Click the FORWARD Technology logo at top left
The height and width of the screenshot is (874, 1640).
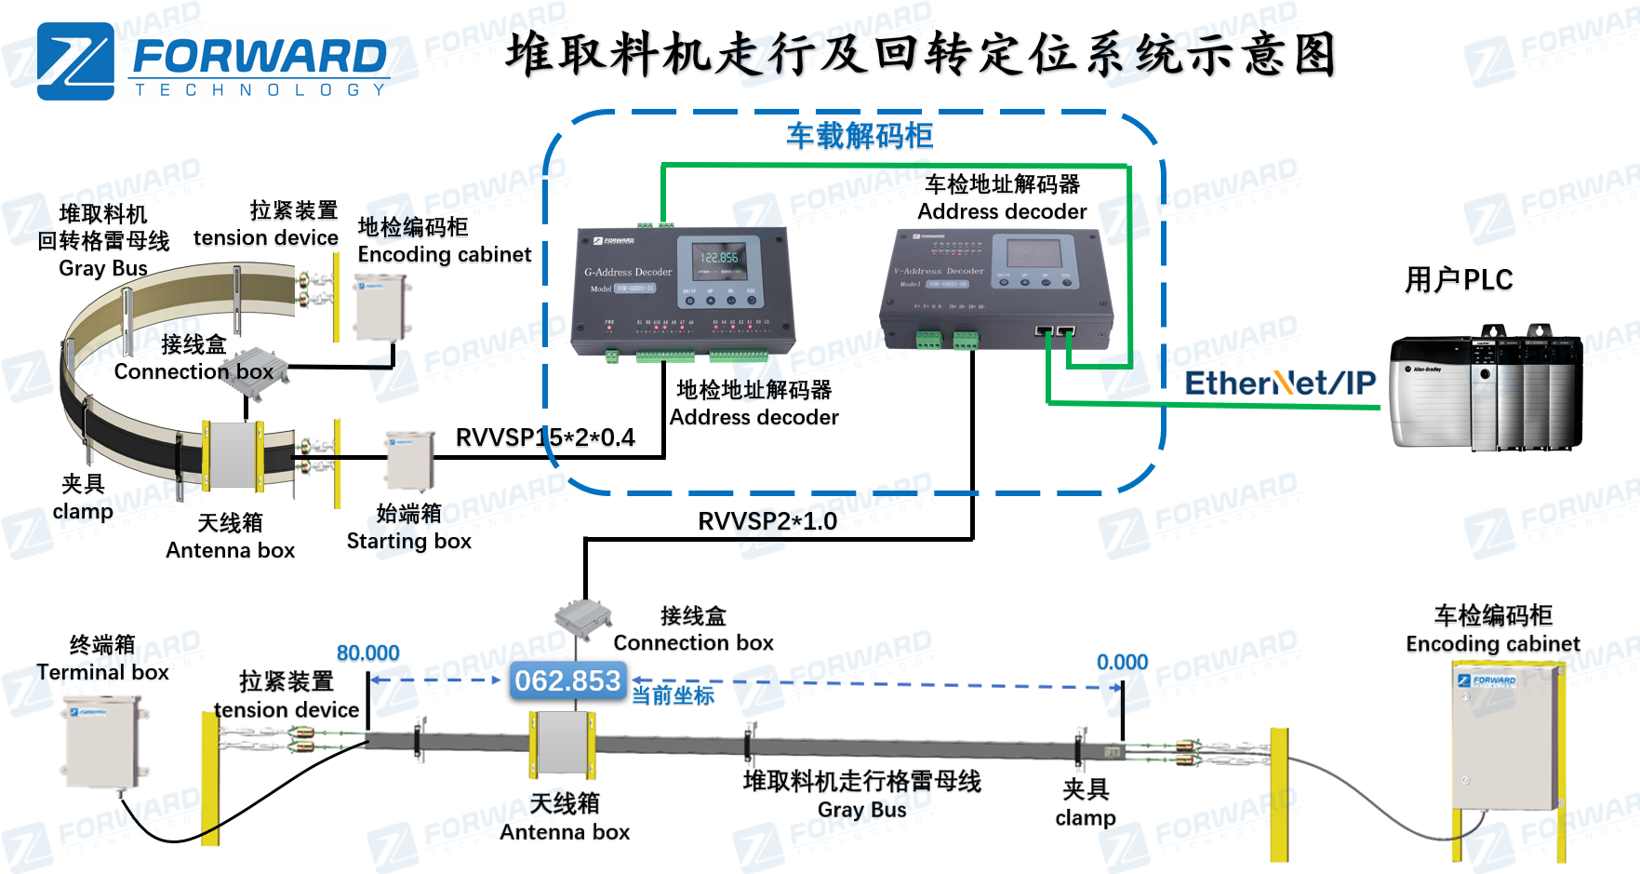coord(213,61)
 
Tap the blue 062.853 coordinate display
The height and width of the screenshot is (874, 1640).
coord(567,681)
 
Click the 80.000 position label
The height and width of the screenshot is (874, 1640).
coord(367,653)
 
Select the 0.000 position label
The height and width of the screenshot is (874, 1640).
coord(1122,663)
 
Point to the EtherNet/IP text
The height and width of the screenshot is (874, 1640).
coord(1279,383)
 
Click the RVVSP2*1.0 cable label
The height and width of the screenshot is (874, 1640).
coord(767,521)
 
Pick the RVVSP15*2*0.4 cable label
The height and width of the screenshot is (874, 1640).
coord(545,437)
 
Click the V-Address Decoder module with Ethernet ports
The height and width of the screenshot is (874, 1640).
coord(995,289)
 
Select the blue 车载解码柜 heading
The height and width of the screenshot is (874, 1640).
coord(860,136)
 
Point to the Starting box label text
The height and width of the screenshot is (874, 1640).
coord(408,541)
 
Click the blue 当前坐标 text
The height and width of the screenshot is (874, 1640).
coord(673,695)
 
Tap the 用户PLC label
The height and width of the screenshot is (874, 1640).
coord(1458,279)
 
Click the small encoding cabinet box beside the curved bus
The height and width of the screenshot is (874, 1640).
coord(381,308)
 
